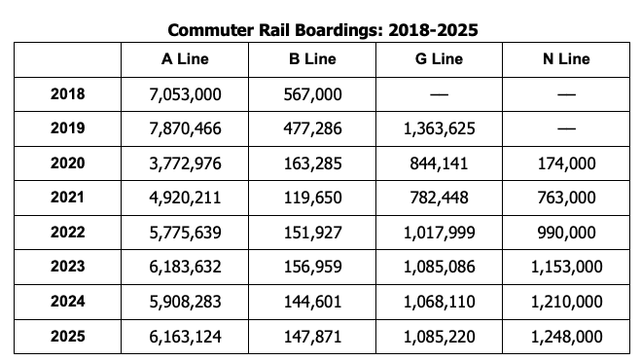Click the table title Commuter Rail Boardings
322,30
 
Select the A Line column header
185,59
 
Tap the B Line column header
312,59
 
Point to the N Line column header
566,59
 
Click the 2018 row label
67,94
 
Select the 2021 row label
67,198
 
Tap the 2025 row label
67,337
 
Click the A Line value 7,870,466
185,128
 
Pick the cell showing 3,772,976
185,163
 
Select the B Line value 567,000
312,94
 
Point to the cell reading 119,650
312,198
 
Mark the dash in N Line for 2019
566,128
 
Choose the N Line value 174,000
566,163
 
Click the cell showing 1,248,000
566,337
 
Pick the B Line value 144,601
312,302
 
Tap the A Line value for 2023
185,267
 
